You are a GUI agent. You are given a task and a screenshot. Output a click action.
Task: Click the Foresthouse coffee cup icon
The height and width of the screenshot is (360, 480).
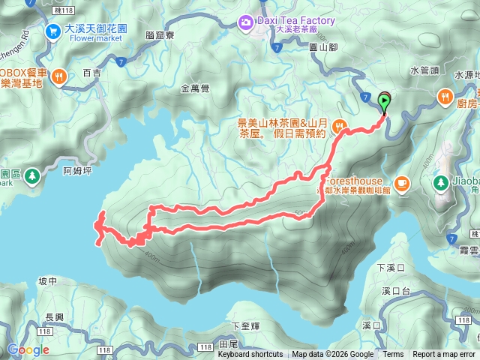point(401,181)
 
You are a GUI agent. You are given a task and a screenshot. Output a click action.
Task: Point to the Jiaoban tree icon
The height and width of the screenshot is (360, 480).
point(439,181)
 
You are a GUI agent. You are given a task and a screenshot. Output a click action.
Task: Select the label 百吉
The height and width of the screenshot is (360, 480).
point(91,73)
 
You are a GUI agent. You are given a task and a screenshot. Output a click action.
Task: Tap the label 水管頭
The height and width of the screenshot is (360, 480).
point(424,70)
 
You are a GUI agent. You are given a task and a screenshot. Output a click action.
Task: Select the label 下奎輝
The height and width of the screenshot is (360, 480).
point(244,326)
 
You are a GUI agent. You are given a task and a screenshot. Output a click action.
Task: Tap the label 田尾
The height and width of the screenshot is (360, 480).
point(228,343)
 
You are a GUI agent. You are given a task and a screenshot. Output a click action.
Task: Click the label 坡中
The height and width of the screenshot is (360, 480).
point(47,281)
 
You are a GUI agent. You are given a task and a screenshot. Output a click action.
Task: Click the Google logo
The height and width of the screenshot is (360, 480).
point(28,349)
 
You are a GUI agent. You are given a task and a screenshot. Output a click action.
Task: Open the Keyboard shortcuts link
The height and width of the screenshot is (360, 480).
point(250,355)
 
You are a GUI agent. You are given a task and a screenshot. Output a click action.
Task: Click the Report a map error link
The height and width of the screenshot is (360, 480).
point(443,355)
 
